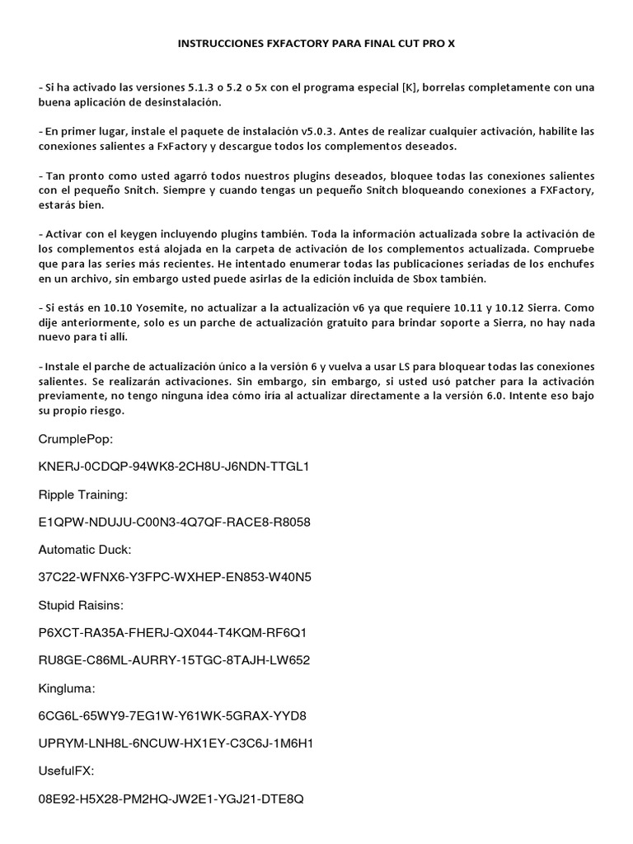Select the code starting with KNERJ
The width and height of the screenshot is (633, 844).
pos(173,467)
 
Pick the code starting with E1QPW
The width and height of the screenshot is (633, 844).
pos(174,522)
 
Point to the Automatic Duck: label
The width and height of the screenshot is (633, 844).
pos(83,549)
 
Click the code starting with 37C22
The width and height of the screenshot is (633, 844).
pos(174,577)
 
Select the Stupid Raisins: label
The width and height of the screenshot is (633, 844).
pos(81,605)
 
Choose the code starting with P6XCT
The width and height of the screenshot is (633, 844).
pos(173,632)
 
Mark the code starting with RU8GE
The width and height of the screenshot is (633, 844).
pos(174,660)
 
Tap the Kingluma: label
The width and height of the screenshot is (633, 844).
pos(67,687)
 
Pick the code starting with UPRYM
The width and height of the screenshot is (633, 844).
pos(176,743)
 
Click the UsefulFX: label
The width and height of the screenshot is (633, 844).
pos(67,771)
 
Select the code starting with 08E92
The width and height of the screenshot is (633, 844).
pos(171,799)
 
